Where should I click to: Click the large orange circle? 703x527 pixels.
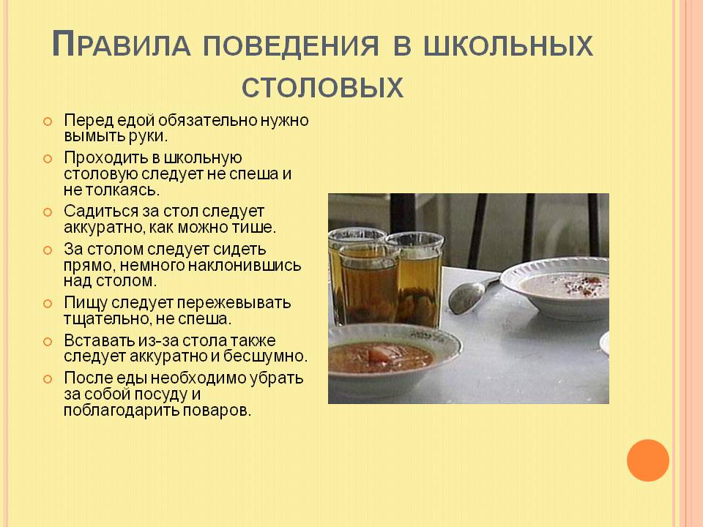coord(648,460)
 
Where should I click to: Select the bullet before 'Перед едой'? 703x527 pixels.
coord(48,121)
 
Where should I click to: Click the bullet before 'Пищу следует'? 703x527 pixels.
coord(48,303)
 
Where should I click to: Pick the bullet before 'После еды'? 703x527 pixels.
coord(48,379)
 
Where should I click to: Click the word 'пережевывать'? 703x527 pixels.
coord(242,302)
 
